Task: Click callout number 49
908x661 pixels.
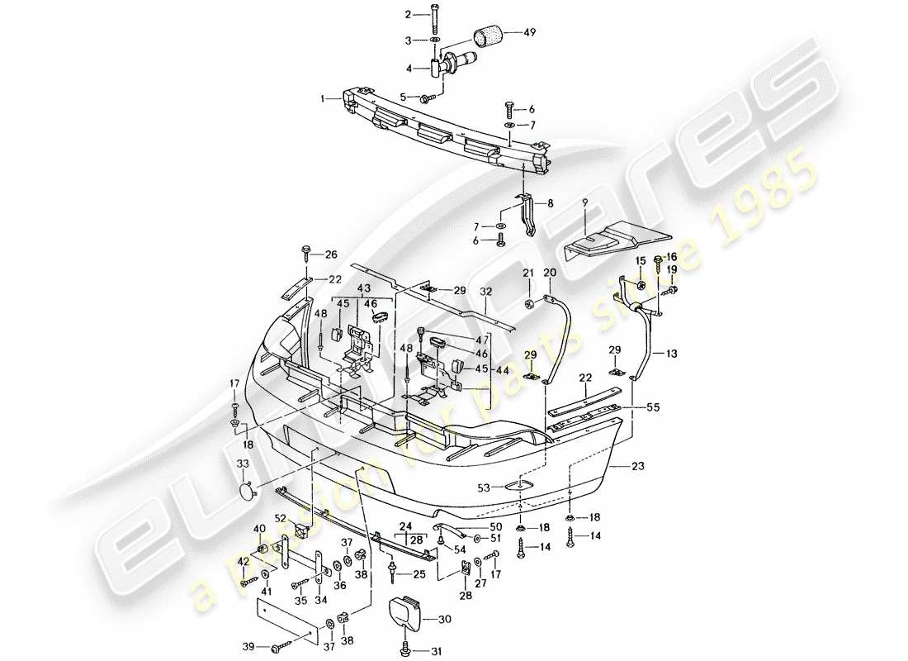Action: coord(529,34)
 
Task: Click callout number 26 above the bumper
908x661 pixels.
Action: coord(332,254)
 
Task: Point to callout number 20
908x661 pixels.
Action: coord(551,273)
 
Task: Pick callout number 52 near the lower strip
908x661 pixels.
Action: coord(281,519)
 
